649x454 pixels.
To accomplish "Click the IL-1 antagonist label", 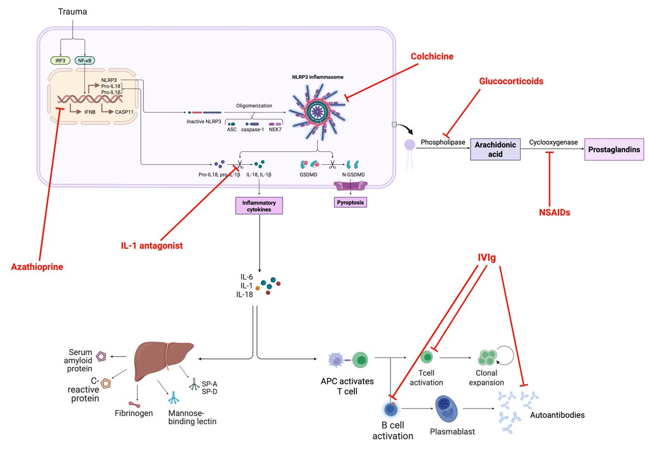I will click(152, 246).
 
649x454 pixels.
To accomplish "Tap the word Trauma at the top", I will click(72, 11).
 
